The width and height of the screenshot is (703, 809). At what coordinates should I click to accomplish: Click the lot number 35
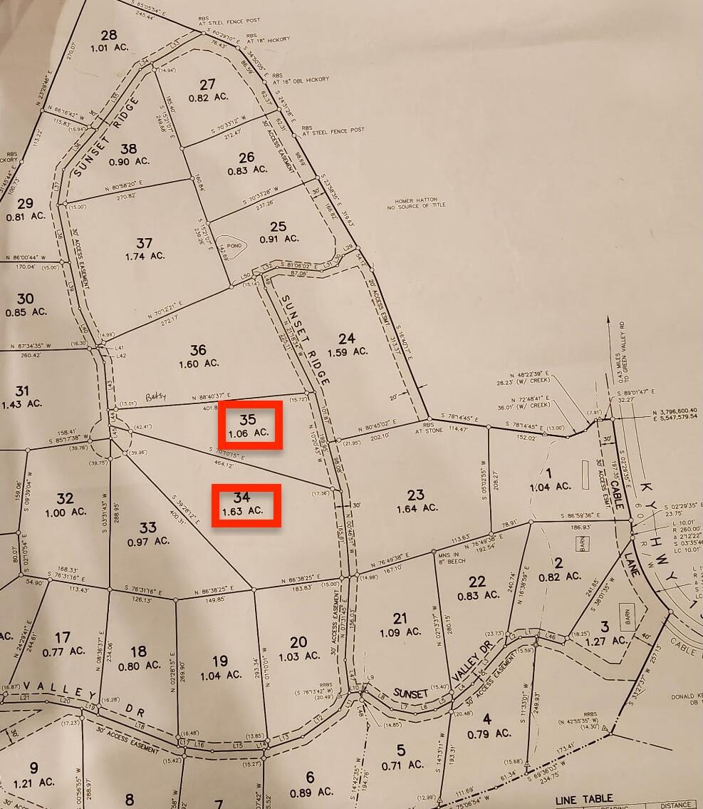(248, 419)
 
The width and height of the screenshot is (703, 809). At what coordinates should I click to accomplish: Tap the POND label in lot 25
(234, 246)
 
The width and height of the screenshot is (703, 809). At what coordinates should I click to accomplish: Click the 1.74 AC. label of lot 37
(145, 257)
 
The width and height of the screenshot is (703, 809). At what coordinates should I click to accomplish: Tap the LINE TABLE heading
(583, 800)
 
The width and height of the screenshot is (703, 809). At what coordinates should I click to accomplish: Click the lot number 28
(108, 36)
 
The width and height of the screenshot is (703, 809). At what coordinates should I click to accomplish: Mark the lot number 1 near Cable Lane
(548, 473)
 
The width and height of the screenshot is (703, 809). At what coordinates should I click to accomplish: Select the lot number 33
(147, 527)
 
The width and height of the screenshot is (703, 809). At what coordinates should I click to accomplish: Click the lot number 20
(298, 642)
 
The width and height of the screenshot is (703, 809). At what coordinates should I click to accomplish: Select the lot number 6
(310, 778)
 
